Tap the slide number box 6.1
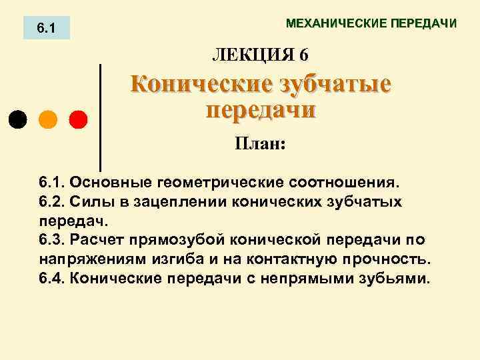(x=46, y=29)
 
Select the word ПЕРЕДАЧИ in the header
(x=424, y=24)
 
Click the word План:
(x=259, y=143)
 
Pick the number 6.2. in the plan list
(x=51, y=201)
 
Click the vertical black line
(x=100, y=117)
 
